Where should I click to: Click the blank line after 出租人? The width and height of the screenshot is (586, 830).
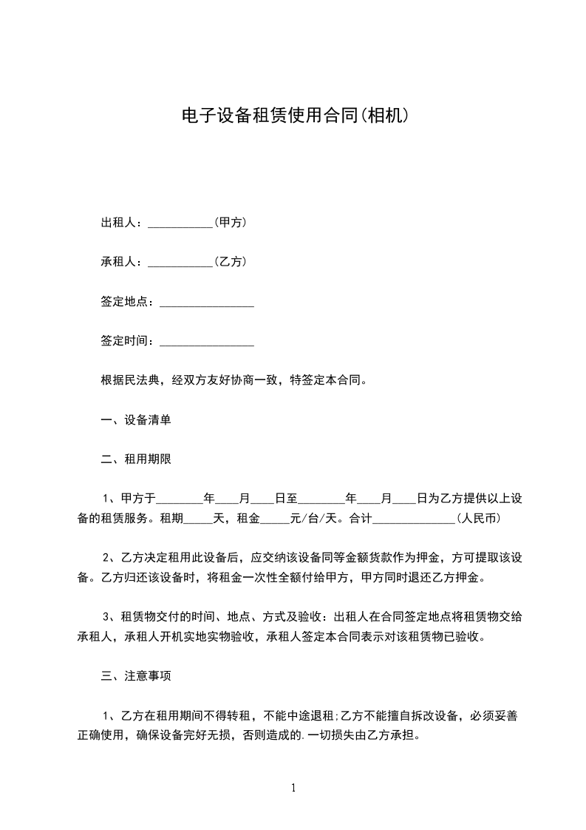(x=180, y=224)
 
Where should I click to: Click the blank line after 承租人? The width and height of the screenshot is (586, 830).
(x=180, y=263)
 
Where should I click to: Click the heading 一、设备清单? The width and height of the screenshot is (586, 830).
(x=136, y=420)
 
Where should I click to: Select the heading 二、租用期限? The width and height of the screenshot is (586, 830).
(x=136, y=459)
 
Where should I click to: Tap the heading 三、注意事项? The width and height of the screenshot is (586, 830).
(x=136, y=675)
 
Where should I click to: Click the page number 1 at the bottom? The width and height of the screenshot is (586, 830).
(x=293, y=788)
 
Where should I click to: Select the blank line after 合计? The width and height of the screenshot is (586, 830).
(x=412, y=520)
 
